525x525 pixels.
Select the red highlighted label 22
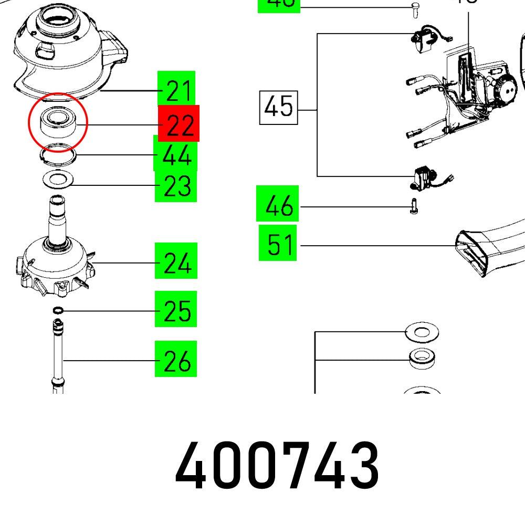(x=178, y=123)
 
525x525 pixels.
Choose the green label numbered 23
(x=175, y=185)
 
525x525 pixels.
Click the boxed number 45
(x=278, y=108)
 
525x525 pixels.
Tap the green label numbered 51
(x=278, y=244)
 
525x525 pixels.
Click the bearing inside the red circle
(x=57, y=122)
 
